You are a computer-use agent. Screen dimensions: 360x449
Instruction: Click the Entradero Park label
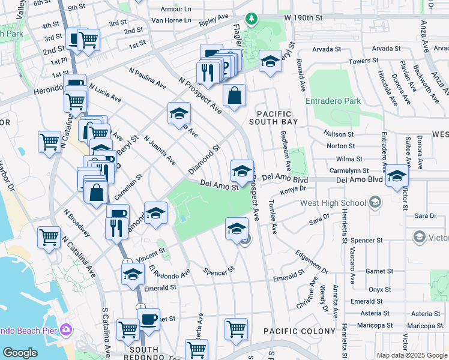pos(333,101)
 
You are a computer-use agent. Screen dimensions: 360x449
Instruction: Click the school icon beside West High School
pos(376,202)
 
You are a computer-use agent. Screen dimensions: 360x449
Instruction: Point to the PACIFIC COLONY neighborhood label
pos(300,331)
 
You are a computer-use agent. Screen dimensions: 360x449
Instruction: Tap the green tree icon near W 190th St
pos(253,18)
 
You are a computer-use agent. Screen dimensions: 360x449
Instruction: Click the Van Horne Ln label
pos(171,20)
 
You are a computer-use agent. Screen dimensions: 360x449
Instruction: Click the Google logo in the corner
pos(20,353)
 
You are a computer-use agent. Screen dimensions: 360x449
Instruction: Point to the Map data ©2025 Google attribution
pos(412,355)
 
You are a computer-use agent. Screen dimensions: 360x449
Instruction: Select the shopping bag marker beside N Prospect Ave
pos(234,95)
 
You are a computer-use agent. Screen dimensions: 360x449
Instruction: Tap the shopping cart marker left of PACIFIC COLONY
pos(237,328)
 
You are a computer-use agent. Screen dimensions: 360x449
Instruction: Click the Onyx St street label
pos(376,289)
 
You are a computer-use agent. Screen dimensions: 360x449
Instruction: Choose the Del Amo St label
pos(220,187)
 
